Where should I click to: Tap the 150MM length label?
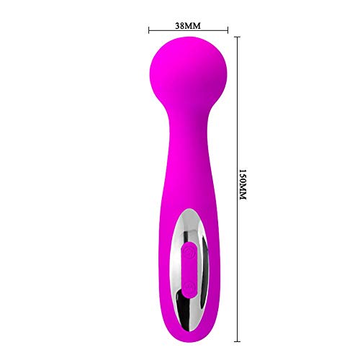point(243,186)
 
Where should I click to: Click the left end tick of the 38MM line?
point(148,30)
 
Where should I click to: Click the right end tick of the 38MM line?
point(228,30)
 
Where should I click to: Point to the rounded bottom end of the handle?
point(188,328)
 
